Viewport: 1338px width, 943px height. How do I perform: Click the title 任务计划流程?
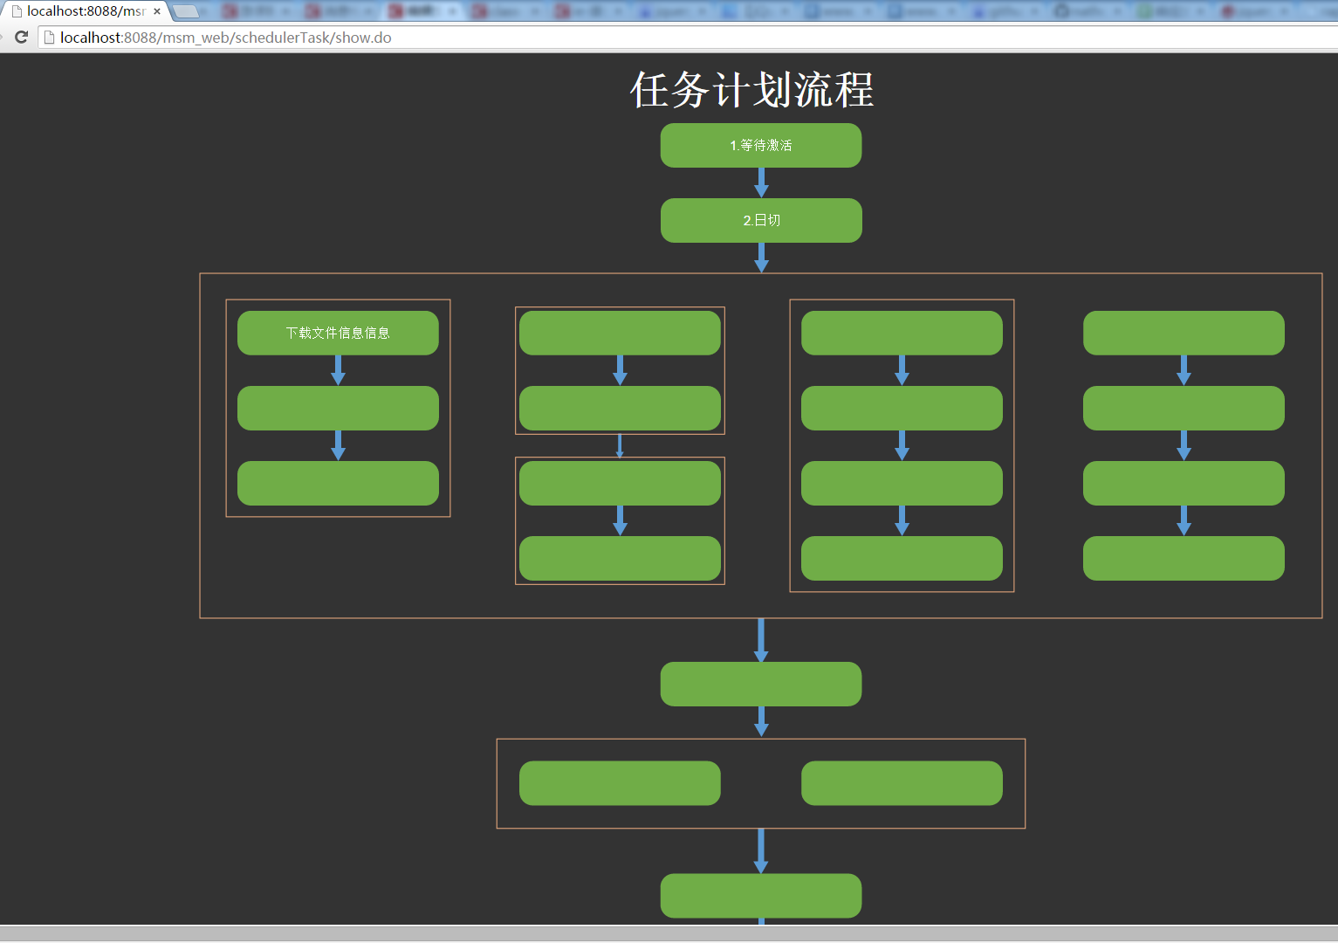click(x=751, y=90)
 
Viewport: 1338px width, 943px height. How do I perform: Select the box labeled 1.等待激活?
click(x=761, y=145)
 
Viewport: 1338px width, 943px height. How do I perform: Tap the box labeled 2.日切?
click(x=761, y=220)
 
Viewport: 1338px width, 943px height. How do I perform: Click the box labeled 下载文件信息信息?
click(x=338, y=333)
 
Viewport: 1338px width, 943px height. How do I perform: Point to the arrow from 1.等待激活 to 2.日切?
click(x=761, y=182)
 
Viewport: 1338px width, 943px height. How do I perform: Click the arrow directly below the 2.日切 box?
click(x=761, y=258)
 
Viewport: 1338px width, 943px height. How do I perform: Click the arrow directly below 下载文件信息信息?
click(x=338, y=370)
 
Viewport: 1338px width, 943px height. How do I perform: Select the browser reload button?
click(x=22, y=38)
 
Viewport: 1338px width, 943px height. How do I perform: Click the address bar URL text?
click(x=225, y=38)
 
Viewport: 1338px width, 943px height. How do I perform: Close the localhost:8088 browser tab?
click(x=157, y=11)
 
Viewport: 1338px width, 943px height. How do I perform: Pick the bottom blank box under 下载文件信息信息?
click(x=338, y=483)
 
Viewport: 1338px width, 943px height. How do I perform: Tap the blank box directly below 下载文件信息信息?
click(x=338, y=408)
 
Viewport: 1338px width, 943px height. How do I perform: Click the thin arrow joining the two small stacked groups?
click(x=620, y=445)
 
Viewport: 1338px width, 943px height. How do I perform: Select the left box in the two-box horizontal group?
click(x=620, y=783)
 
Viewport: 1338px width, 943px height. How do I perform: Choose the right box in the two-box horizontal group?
click(x=902, y=783)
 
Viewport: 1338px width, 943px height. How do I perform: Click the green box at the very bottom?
click(x=761, y=896)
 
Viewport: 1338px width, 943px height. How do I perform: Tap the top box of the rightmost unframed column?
click(x=1184, y=333)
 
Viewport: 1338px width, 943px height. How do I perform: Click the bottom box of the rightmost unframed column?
click(x=1184, y=558)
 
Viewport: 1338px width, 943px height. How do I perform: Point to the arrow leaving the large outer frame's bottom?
click(x=761, y=640)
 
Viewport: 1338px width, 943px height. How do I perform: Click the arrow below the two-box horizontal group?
click(x=761, y=850)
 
